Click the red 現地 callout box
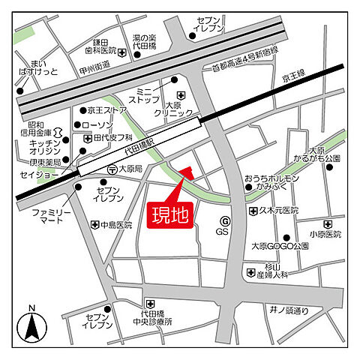coord(172,214)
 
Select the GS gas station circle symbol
coord(223,220)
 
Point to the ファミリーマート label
coord(50,217)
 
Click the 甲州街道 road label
coord(91,64)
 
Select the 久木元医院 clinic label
coord(277,210)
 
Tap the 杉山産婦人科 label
coord(278,272)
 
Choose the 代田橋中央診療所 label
coord(156,317)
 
